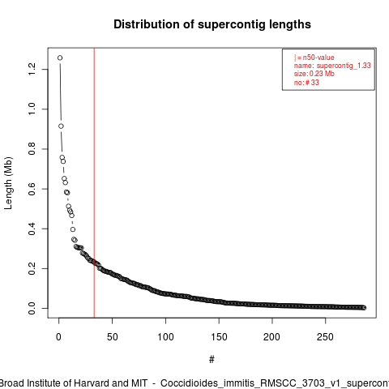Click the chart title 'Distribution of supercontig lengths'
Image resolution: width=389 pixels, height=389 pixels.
click(212, 24)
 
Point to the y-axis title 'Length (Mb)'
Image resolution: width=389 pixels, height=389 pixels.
click(8, 183)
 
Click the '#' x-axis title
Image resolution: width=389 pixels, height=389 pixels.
click(212, 360)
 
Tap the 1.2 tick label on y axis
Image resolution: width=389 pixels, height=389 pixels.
click(32, 70)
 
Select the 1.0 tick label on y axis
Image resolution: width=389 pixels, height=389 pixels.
click(32, 109)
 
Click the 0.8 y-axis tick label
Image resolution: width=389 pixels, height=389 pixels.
click(32, 149)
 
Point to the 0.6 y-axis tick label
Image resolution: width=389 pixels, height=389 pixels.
click(32, 189)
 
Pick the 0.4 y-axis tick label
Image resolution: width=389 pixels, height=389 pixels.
click(32, 229)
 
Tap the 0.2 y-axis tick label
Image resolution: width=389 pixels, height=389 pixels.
click(32, 268)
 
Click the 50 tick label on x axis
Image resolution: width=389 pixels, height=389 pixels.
click(112, 337)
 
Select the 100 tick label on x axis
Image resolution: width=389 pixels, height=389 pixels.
click(165, 337)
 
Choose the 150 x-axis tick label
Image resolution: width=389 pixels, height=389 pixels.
click(219, 337)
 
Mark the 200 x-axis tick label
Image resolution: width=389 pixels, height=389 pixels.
click(272, 337)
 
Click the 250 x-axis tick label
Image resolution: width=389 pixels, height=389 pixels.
click(326, 337)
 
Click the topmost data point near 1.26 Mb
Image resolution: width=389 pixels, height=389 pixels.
click(60, 58)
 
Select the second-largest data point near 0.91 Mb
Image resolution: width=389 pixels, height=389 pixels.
click(61, 126)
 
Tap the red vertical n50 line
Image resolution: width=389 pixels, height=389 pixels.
click(94, 183)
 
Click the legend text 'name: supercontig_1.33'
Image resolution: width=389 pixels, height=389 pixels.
click(332, 66)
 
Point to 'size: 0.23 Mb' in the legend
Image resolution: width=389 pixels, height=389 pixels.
click(314, 74)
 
